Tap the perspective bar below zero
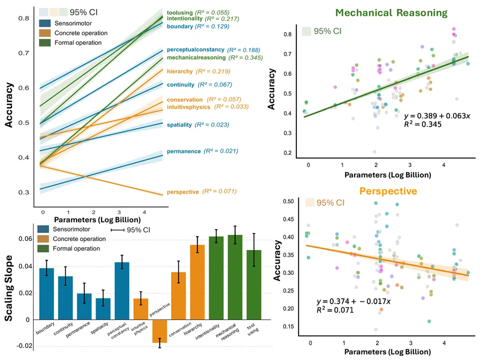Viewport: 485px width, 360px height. [x=160, y=332]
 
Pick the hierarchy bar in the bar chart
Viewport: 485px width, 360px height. [x=197, y=282]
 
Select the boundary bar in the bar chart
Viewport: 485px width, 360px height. [x=46, y=293]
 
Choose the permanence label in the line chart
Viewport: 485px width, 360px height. [x=183, y=151]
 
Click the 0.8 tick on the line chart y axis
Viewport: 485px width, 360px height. [x=23, y=18]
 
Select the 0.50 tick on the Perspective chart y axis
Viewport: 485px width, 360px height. [x=287, y=201]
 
